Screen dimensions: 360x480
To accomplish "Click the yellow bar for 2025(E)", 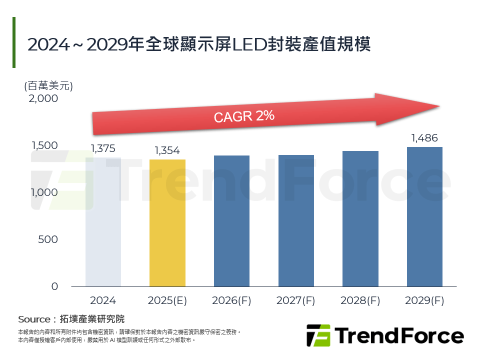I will (x=167, y=223).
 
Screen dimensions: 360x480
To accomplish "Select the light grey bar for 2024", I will (x=103, y=222).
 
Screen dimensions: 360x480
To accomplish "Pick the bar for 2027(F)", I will (x=296, y=220).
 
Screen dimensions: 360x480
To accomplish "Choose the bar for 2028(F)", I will (x=360, y=218).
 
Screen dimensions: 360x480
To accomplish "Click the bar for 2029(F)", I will (x=424, y=216).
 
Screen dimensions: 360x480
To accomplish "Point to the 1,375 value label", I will (x=103, y=148).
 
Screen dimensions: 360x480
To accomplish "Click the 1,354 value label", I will (x=167, y=150).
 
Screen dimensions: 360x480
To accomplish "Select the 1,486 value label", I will (x=424, y=138).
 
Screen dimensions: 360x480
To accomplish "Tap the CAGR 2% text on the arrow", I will (x=244, y=116).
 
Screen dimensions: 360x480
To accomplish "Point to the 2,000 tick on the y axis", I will (x=43, y=98).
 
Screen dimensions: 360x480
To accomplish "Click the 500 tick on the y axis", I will (x=48, y=239).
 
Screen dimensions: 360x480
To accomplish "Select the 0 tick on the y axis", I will (x=54, y=286).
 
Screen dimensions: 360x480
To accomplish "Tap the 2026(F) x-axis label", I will (x=231, y=300).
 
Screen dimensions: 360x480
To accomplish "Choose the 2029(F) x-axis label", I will (x=424, y=300).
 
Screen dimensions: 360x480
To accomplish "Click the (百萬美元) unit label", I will (x=48, y=85).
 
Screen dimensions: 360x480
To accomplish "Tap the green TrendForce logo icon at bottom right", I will (x=318, y=335).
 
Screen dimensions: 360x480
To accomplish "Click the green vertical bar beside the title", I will (x=14, y=42).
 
